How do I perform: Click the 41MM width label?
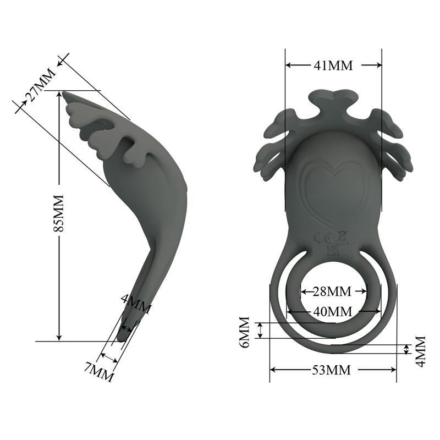(333, 65)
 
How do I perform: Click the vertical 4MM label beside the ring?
(420, 350)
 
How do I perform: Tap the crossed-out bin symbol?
(342, 237)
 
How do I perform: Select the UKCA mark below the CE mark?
(332, 250)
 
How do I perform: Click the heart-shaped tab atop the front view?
(333, 98)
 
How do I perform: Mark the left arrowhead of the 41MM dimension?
(288, 65)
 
